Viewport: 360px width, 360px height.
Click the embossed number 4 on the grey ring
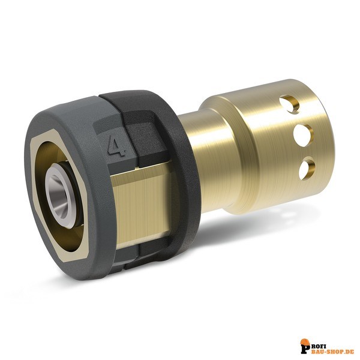(x=116, y=145)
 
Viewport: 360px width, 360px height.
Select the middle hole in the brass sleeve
(x=303, y=135)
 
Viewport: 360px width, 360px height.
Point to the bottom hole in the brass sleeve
(x=307, y=168)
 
